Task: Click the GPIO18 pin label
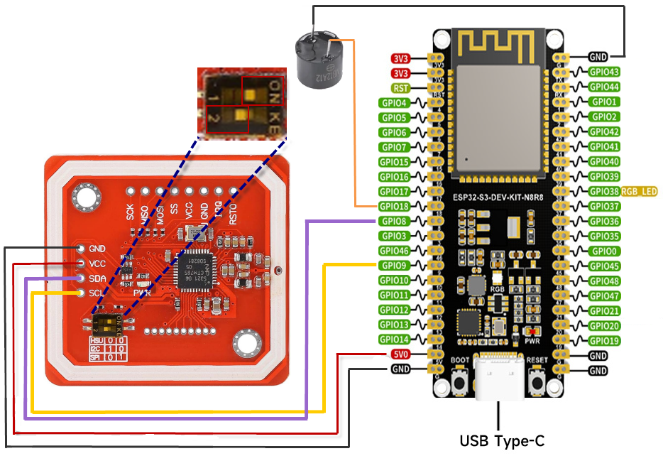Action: pyautogui.click(x=395, y=206)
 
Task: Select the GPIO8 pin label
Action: pyautogui.click(x=395, y=221)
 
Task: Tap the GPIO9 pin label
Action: pyautogui.click(x=395, y=265)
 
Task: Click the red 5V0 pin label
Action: pyautogui.click(x=400, y=354)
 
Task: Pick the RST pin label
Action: pyautogui.click(x=400, y=88)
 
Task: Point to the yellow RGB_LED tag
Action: pyautogui.click(x=639, y=192)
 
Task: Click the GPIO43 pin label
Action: pyautogui.click(x=604, y=71)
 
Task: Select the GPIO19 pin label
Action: pyautogui.click(x=604, y=341)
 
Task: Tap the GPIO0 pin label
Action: pyautogui.click(x=604, y=251)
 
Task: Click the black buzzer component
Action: pyautogui.click(x=317, y=60)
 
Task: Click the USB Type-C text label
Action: pyautogui.click(x=502, y=441)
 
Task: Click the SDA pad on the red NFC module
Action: pyautogui.click(x=81, y=278)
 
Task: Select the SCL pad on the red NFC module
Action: pyautogui.click(x=81, y=293)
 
